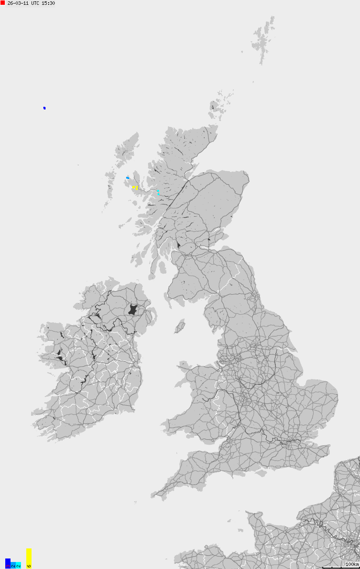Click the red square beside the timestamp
point(3,3)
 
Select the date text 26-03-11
point(18,3)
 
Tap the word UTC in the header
point(35,3)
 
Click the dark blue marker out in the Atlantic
point(44,108)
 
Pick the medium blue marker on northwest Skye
point(127,178)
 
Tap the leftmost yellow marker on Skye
point(133,187)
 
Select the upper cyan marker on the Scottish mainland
point(158,190)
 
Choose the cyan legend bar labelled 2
point(18,565)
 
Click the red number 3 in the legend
point(7,566)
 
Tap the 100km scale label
point(352,564)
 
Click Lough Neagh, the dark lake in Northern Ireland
point(133,309)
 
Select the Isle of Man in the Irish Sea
point(180,327)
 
